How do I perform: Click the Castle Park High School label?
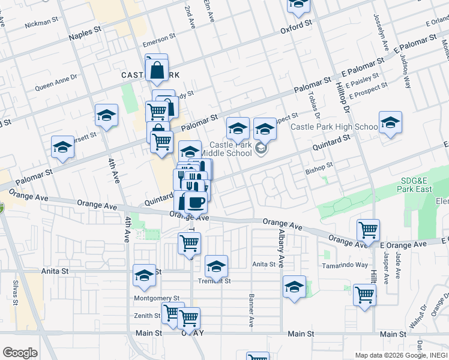[334, 127]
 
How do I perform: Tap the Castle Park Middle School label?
[230, 149]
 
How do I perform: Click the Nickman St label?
[41, 25]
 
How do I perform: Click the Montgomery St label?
[157, 298]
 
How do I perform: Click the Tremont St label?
[215, 281]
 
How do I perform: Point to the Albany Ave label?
[281, 247]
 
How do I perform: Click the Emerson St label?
[158, 44]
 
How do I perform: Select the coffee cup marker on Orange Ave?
[195, 202]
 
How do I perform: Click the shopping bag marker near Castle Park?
[156, 69]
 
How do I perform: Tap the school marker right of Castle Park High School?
[390, 123]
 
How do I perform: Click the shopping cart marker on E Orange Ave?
[368, 230]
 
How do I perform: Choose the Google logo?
[20, 353]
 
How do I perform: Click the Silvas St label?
[16, 293]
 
